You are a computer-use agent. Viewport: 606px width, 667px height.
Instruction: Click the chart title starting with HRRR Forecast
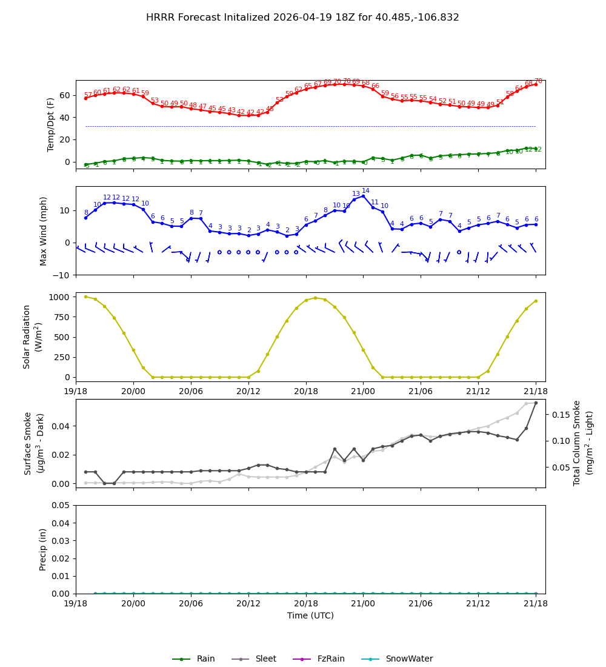click(x=302, y=18)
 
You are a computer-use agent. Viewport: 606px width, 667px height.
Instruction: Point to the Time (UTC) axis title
click(x=310, y=615)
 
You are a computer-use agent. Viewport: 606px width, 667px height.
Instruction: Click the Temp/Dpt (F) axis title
click(x=52, y=124)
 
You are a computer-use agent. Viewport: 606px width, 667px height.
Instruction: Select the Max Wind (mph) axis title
click(x=44, y=230)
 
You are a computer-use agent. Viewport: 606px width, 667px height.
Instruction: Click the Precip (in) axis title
click(x=43, y=549)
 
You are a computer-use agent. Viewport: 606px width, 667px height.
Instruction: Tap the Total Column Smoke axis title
click(x=577, y=443)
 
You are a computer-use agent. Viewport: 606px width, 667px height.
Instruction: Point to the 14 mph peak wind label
click(x=365, y=191)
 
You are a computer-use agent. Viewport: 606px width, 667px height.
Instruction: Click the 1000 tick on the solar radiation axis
click(x=58, y=297)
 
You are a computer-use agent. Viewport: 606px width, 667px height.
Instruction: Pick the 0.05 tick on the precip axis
click(x=61, y=505)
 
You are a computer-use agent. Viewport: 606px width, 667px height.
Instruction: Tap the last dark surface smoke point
click(x=536, y=403)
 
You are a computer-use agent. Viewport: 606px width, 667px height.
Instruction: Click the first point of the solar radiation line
click(x=85, y=297)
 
